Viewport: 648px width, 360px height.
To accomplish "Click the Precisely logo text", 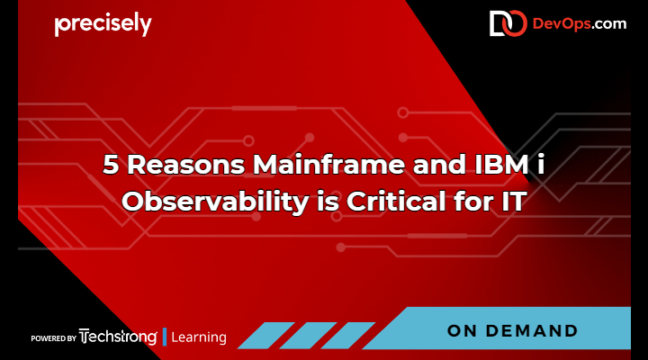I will [103, 25].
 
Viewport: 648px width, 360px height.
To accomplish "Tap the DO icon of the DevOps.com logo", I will [508, 24].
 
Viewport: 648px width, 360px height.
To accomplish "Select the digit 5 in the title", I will [110, 166].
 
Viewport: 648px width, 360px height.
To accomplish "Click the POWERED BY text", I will [53, 338].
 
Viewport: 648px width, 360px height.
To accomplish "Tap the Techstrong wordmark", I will [118, 337].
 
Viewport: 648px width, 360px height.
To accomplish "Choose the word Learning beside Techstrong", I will [199, 338].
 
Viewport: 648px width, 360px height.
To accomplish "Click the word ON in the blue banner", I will [464, 331].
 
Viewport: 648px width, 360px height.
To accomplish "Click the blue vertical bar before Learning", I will [165, 337].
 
